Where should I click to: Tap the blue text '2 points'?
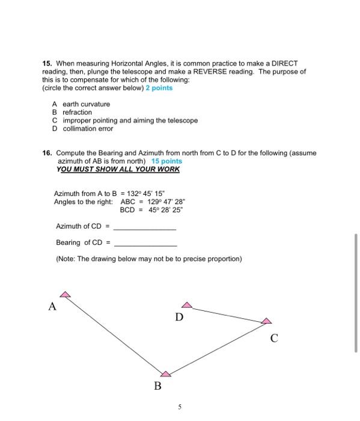(159, 88)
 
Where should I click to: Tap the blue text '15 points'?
(166, 161)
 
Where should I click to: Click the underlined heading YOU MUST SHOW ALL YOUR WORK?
(118, 169)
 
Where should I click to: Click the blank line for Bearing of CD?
(145, 245)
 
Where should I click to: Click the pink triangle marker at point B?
(165, 373)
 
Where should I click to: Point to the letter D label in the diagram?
(179, 316)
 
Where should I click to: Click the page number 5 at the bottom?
(179, 406)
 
